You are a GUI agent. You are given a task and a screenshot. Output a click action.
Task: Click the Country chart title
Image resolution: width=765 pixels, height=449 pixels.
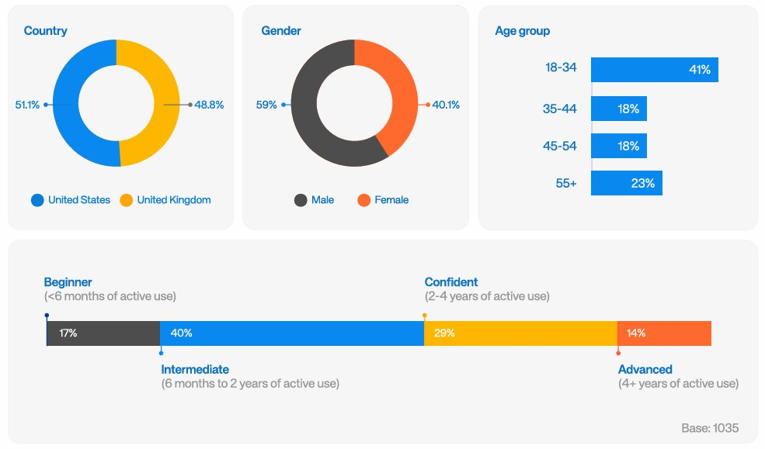45,31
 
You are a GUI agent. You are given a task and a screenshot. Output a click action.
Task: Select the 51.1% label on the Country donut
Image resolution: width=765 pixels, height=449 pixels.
27,105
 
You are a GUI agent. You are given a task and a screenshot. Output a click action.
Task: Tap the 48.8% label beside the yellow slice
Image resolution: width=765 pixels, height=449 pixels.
209,105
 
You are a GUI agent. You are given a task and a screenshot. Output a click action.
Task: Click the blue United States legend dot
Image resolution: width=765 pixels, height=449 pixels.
37,200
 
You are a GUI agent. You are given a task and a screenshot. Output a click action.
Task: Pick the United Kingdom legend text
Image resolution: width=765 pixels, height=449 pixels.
173,200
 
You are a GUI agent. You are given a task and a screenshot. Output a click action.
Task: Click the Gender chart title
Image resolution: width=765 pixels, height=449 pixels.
281,31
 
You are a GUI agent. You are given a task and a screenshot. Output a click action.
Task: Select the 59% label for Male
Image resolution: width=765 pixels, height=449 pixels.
266,105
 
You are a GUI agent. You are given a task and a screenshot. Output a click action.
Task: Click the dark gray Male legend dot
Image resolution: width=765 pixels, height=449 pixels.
301,200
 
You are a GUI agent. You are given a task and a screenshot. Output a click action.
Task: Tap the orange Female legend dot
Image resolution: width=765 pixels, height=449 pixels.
363,200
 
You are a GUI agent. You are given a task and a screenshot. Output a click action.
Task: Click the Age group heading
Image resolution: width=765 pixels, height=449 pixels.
522,31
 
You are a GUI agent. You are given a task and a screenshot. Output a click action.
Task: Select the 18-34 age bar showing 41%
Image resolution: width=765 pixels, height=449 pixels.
654,70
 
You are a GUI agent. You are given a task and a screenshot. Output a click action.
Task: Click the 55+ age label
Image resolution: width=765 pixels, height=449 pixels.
565,184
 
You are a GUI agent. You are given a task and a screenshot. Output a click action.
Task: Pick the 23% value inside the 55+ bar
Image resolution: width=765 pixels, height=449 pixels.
642,184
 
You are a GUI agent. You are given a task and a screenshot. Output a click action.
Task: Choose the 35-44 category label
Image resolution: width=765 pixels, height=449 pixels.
559,109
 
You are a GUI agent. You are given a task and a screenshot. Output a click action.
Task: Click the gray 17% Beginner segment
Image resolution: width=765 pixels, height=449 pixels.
103,333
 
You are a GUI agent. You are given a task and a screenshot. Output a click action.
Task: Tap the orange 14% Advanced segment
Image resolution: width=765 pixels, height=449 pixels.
664,333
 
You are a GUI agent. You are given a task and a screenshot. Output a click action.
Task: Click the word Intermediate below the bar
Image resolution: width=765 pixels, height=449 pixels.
195,369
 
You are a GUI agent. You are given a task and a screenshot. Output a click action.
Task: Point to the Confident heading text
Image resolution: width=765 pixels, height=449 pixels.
451,282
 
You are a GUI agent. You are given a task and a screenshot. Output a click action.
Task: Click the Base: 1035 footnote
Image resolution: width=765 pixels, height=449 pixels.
709,428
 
